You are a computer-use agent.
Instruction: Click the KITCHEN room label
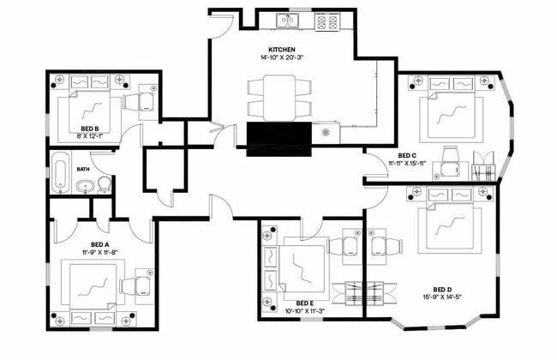point(282,50)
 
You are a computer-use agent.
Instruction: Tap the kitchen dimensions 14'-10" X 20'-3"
point(282,58)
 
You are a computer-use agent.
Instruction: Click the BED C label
point(407,155)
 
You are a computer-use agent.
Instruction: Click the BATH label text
point(83,169)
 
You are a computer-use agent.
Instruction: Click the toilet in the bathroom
point(103,183)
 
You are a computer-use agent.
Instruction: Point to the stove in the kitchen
point(326,21)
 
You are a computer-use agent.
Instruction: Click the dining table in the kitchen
point(279,97)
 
